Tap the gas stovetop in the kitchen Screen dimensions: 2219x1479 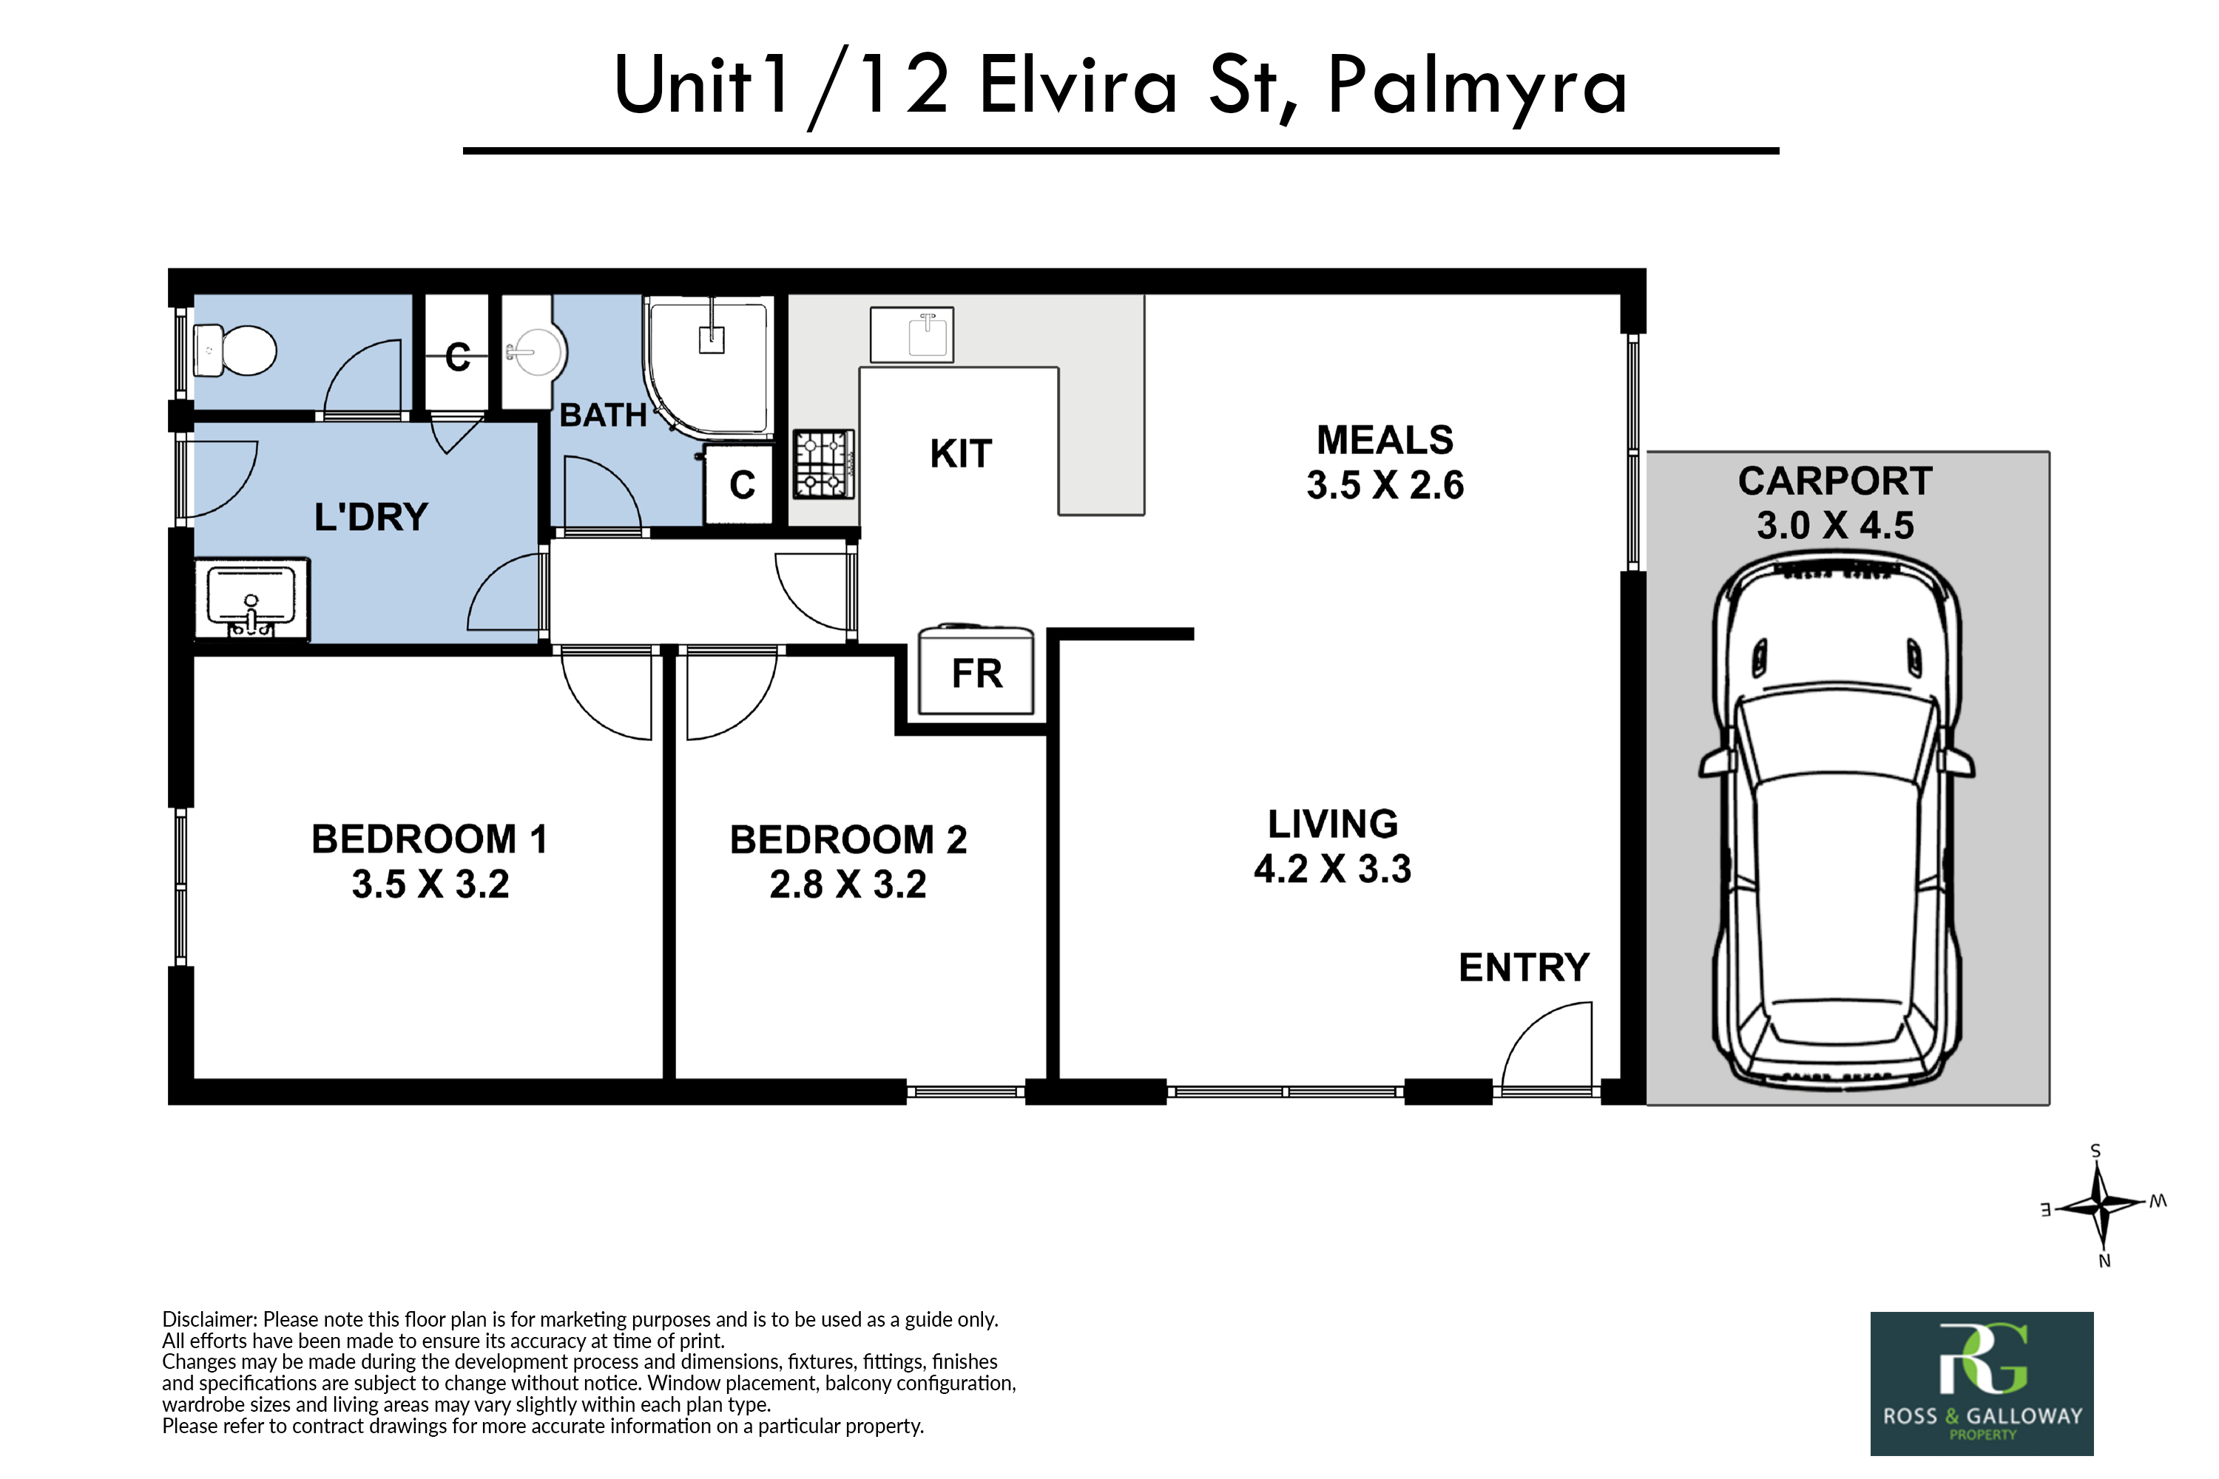824,464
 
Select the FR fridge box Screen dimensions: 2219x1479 976,671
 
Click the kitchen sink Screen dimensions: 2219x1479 911,335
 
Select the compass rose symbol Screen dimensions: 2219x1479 2101,1206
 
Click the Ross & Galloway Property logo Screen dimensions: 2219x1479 1982,1384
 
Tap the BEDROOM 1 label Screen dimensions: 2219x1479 429,839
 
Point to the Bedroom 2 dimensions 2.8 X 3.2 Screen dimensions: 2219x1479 848,884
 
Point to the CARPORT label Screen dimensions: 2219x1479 1835,481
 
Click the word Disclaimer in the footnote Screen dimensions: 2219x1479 209,1319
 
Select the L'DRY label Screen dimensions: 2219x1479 371,517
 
